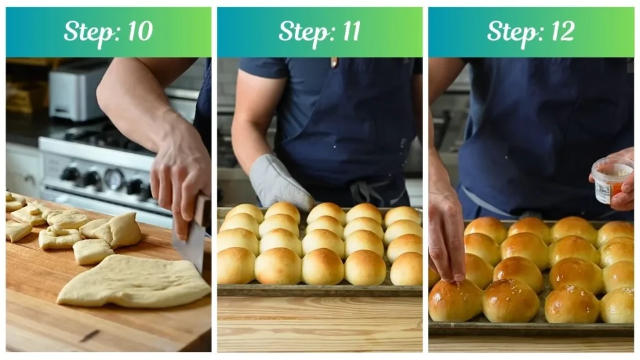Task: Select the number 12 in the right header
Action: [x=561, y=32]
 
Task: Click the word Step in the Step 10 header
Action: [x=87, y=32]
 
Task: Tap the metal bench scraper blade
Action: [x=189, y=241]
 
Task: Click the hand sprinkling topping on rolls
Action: [x=446, y=237]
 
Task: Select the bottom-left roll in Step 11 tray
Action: [x=235, y=266]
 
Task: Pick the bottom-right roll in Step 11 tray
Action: [x=407, y=268]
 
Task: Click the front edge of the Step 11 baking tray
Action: [x=319, y=291]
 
